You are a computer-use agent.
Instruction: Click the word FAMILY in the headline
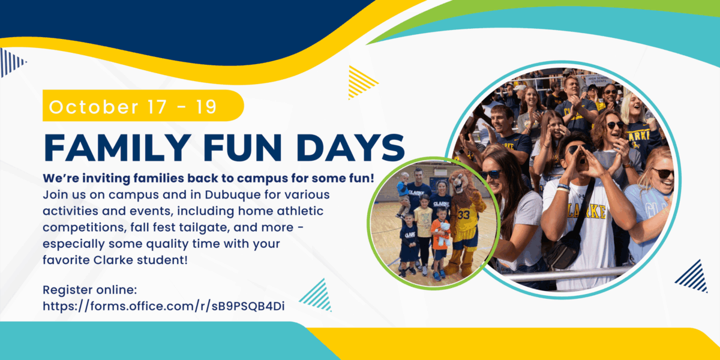[118, 147]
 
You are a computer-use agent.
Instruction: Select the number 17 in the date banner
[157, 107]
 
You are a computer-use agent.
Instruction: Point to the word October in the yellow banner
[94, 107]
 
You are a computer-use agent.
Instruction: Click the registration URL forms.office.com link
[164, 307]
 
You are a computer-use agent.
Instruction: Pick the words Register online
[89, 290]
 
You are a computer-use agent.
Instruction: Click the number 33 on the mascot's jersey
[463, 215]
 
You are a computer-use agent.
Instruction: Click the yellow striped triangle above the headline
[361, 83]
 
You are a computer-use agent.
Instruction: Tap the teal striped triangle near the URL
[317, 296]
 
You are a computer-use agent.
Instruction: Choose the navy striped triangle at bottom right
[694, 277]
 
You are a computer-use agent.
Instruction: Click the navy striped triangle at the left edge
[11, 62]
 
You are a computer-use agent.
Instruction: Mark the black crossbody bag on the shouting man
[568, 239]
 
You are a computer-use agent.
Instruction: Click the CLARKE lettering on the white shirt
[587, 212]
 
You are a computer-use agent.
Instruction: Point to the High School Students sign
[598, 80]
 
